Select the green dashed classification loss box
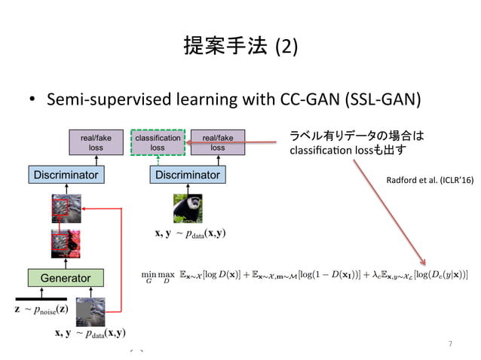point(157,143)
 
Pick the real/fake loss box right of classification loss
point(217,143)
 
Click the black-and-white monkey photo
point(188,209)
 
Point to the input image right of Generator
point(112,310)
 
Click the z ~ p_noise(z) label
point(41,310)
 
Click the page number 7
point(450,344)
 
